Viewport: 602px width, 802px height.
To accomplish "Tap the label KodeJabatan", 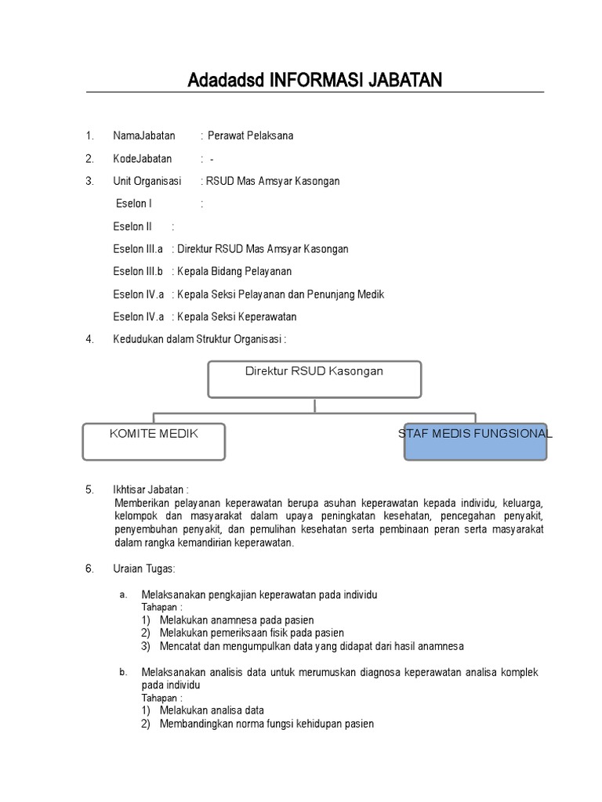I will tap(142, 159).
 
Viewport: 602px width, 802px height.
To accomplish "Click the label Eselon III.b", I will tap(138, 272).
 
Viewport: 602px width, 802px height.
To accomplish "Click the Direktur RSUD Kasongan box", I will tap(314, 378).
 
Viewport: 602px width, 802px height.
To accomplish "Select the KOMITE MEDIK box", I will tap(154, 441).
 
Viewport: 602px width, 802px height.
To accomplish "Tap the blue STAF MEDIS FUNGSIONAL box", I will tap(475, 441).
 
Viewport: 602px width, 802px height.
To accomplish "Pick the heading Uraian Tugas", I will tap(144, 569).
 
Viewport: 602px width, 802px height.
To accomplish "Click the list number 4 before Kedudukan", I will tap(90, 339).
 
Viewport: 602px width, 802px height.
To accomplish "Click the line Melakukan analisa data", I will tap(212, 711).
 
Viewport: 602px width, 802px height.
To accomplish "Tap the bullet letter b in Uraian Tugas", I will tap(122, 672).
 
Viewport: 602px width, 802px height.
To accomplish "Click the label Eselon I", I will tap(133, 204).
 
